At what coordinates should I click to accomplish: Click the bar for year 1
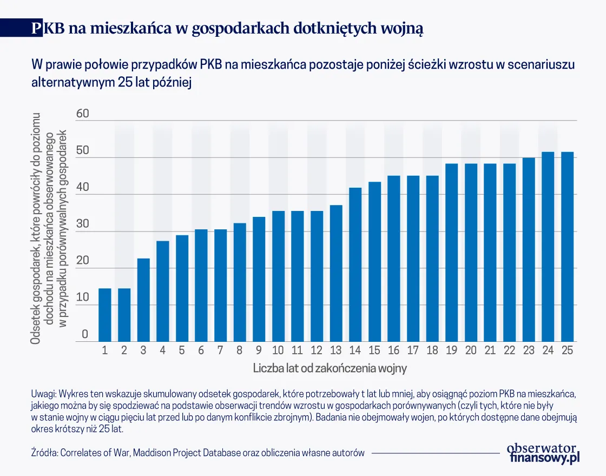(x=105, y=315)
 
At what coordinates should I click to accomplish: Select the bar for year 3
(x=143, y=300)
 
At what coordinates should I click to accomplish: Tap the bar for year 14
(x=355, y=265)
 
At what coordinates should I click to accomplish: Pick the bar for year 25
(x=567, y=247)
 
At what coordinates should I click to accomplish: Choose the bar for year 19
(x=451, y=253)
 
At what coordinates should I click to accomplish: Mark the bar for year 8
(x=240, y=282)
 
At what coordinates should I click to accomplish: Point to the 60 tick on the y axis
(x=81, y=114)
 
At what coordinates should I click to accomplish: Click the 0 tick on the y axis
(x=84, y=334)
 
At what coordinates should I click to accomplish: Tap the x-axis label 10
(x=278, y=351)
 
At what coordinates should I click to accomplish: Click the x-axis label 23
(x=529, y=351)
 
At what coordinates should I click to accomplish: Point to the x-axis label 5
(x=182, y=351)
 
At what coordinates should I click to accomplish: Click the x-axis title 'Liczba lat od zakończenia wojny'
(x=330, y=369)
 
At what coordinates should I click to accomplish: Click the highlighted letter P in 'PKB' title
(x=36, y=29)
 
